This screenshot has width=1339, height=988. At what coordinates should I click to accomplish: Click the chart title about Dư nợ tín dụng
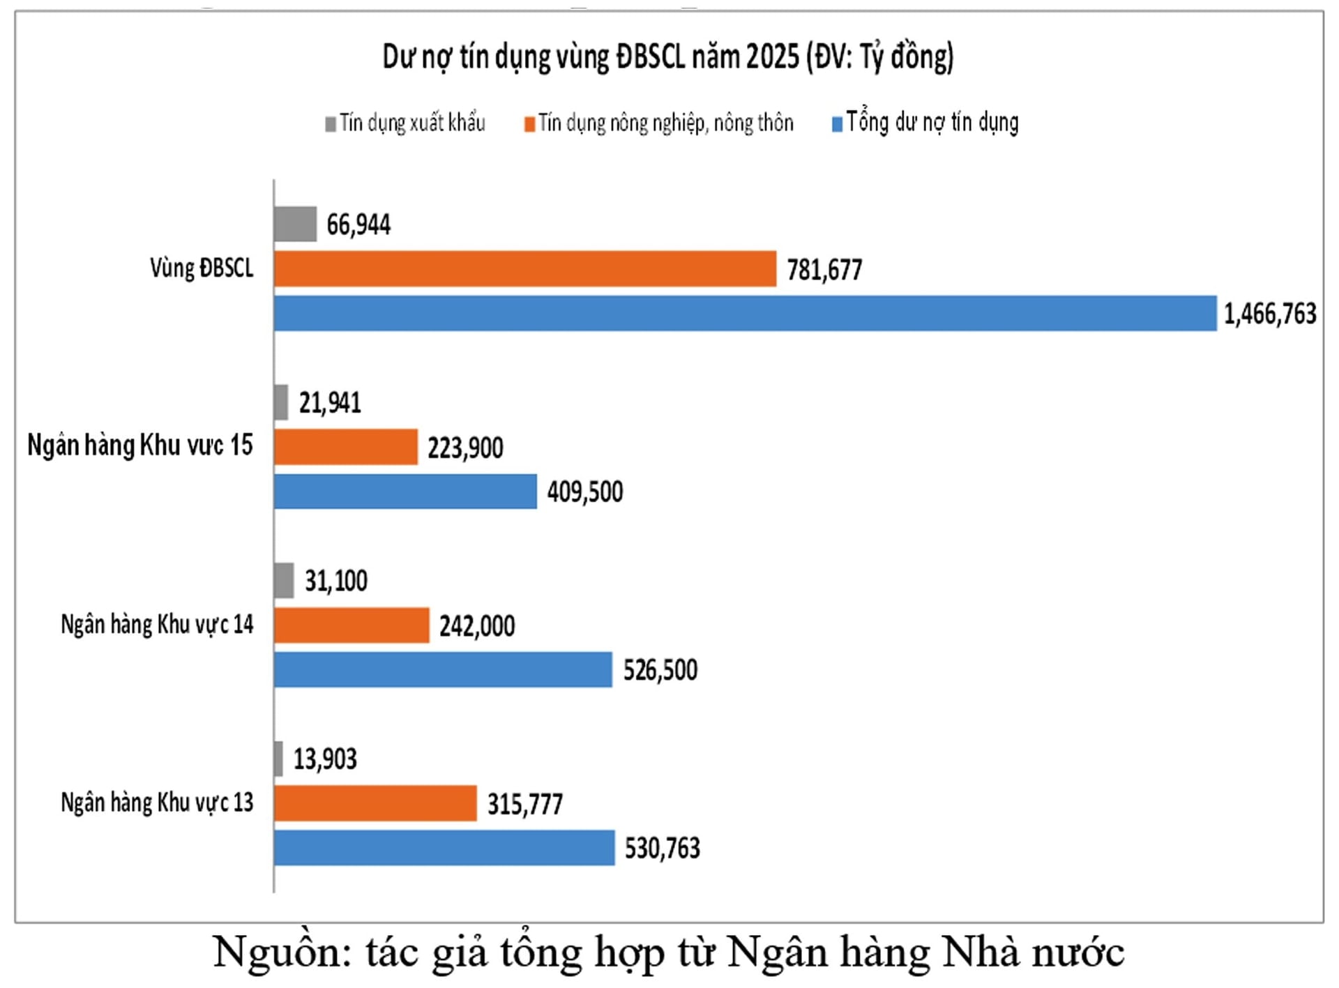[667, 57]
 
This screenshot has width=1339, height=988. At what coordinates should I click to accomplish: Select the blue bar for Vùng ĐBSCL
[745, 313]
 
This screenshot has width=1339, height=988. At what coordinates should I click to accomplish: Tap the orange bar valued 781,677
[524, 268]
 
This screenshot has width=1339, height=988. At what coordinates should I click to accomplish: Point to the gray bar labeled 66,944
[295, 224]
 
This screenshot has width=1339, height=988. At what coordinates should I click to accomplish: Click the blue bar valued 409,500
[405, 492]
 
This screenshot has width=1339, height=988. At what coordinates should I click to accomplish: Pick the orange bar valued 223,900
[346, 447]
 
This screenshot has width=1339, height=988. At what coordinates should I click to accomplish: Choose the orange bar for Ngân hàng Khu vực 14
[351, 625]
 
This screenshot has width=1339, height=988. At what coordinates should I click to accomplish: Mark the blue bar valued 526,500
[443, 669]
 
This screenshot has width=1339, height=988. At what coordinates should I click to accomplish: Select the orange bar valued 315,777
[375, 803]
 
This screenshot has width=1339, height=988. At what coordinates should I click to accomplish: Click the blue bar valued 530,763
[444, 848]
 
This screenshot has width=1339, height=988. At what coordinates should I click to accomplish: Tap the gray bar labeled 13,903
[278, 759]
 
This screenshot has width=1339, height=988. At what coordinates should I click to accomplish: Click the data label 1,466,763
[1270, 314]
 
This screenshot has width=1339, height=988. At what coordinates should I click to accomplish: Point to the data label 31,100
[335, 581]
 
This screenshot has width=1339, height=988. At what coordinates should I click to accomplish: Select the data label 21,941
[330, 402]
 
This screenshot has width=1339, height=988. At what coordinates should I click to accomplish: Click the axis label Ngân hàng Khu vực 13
[157, 803]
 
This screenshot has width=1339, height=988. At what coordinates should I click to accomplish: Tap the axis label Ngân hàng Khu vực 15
[139, 445]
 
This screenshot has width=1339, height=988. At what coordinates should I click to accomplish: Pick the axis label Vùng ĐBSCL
[202, 268]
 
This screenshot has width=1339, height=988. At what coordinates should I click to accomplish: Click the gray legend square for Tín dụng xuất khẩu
[331, 124]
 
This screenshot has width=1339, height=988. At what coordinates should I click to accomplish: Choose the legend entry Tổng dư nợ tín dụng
[932, 123]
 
